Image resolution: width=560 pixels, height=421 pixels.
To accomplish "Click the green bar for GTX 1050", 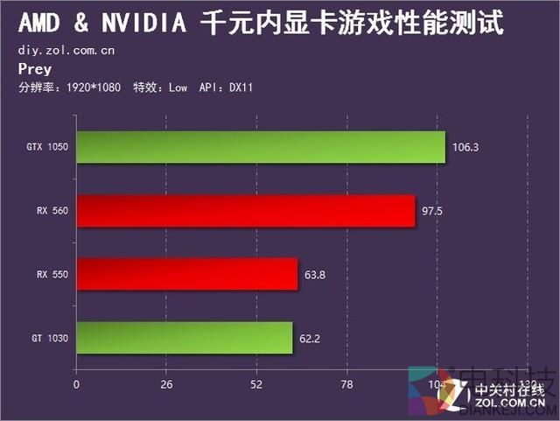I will (261, 147).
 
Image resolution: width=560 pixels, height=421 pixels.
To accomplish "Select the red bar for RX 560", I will (246, 211).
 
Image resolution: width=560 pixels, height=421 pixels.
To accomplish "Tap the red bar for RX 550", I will (187, 274).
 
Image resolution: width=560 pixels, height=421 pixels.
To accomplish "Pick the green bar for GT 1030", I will (185, 337).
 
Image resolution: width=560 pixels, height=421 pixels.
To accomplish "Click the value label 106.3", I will (465, 147).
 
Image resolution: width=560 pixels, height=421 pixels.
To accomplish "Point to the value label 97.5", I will (435, 211).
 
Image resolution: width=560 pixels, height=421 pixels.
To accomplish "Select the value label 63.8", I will (315, 274).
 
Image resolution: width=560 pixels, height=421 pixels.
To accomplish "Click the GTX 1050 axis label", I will (47, 147).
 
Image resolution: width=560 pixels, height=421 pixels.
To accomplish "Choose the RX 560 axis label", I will (52, 211).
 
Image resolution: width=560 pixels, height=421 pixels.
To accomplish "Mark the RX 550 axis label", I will (52, 274).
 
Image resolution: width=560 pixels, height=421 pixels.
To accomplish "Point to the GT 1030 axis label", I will (50, 337).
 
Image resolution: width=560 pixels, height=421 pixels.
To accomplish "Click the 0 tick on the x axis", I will (77, 384).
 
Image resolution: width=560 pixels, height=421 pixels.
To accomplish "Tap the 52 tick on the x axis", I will (257, 384).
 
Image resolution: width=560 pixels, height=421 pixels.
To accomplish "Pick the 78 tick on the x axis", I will (347, 384).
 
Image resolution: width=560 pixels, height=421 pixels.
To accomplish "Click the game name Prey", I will (35, 69).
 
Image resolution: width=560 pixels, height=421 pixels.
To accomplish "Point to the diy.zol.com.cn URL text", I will (66, 50).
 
